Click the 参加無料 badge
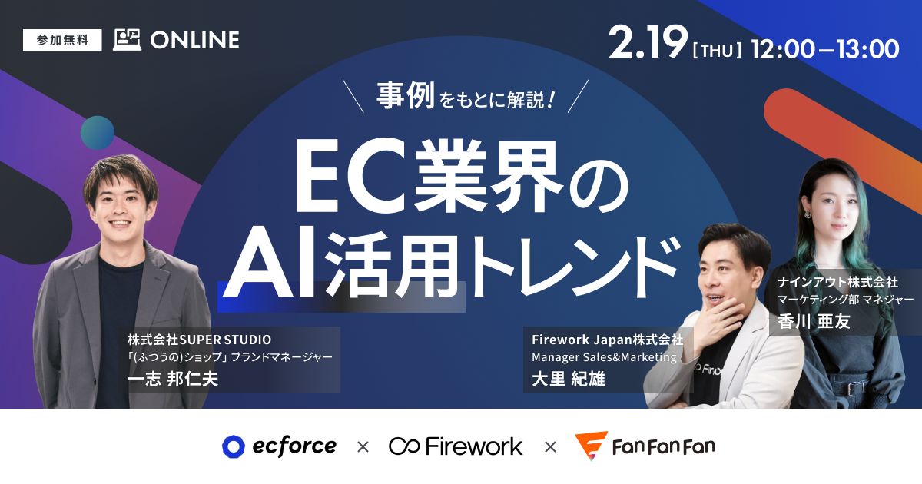point(63,40)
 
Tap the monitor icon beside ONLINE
point(127,40)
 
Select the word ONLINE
point(194,40)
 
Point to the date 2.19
point(647,45)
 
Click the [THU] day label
point(717,50)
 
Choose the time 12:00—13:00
point(825,49)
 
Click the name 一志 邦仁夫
point(173,380)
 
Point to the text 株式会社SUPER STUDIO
point(200,339)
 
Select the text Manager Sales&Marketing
point(604,357)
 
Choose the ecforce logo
point(279,446)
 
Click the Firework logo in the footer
point(455,446)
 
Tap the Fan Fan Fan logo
point(645,446)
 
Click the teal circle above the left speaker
point(98,132)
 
